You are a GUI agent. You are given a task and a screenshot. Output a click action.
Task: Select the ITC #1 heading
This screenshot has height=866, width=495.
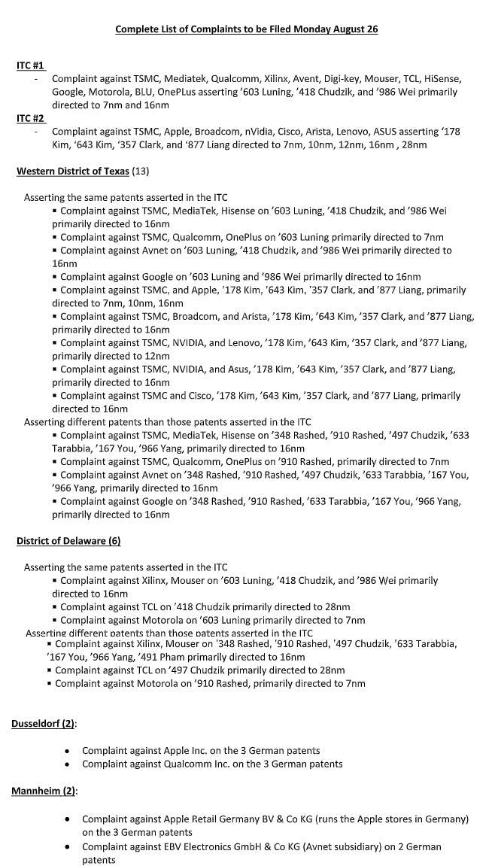31,66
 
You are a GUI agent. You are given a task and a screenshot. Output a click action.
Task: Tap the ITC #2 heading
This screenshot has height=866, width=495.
31,119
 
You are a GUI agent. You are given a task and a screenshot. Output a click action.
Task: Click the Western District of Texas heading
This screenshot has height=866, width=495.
73,172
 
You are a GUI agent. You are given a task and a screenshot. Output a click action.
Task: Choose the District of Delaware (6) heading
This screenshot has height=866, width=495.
68,541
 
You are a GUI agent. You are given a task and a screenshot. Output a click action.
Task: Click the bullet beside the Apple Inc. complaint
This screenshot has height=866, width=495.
68,751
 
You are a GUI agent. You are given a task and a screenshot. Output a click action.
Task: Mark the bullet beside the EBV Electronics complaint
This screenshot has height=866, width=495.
68,847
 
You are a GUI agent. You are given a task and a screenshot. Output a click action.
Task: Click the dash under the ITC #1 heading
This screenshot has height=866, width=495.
35,79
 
